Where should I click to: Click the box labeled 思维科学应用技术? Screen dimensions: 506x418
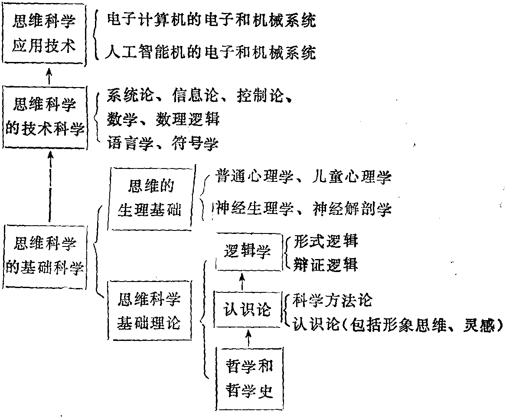[x=44, y=34]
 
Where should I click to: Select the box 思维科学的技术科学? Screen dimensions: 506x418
[x=45, y=117]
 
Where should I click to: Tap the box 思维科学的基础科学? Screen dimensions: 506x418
[x=45, y=256]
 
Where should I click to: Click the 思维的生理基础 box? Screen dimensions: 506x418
[x=151, y=198]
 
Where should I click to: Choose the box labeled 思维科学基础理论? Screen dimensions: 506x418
[x=150, y=310]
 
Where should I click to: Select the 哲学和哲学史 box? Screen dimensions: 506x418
[x=249, y=378]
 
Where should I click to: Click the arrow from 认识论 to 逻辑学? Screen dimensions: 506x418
[x=242, y=281]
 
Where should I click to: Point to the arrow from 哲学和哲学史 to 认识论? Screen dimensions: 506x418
[x=248, y=338]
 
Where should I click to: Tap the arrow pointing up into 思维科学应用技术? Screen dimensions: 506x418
[x=49, y=76]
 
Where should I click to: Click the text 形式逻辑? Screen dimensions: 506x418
[x=326, y=241]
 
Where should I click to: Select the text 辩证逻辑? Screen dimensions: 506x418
[x=326, y=265]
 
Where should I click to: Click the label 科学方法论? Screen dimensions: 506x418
[x=333, y=300]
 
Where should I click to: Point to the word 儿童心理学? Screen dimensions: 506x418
[x=352, y=177]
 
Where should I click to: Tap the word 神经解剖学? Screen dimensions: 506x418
[x=352, y=208]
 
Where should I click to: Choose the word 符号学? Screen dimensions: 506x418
[x=195, y=143]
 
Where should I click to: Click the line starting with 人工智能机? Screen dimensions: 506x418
[x=210, y=52]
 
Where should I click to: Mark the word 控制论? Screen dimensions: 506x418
[x=260, y=96]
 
